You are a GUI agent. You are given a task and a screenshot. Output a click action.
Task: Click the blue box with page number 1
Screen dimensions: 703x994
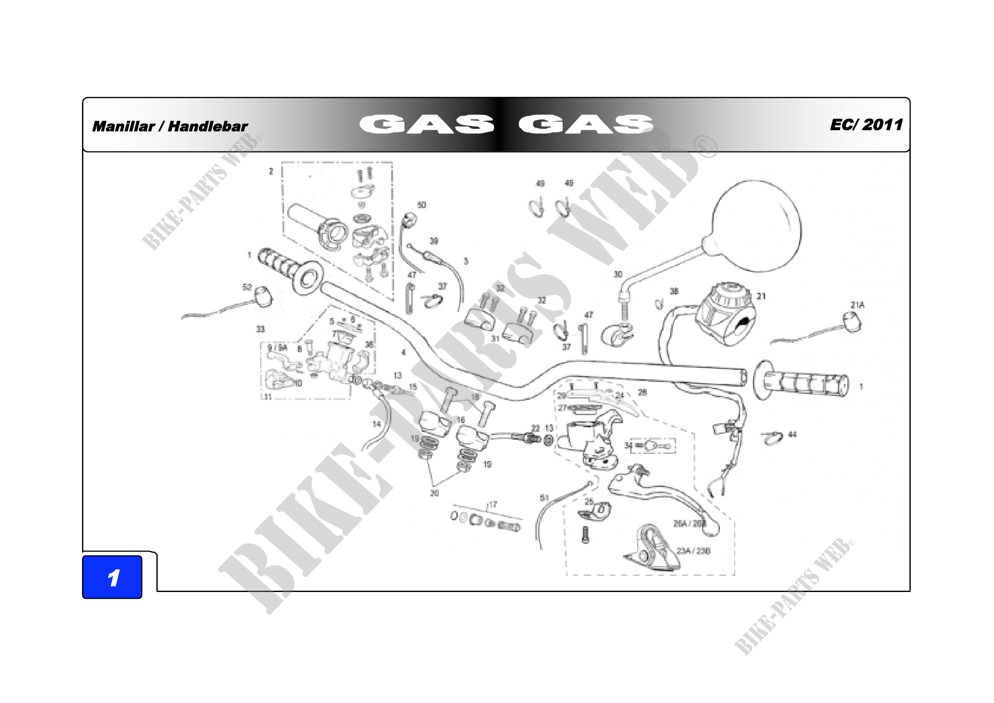click(x=112, y=577)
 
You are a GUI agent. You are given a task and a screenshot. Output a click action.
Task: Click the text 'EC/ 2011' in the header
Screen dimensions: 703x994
click(x=866, y=125)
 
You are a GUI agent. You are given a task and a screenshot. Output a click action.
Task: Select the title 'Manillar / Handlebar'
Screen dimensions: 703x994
click(x=170, y=126)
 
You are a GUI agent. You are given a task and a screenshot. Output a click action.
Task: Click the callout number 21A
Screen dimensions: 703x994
click(x=857, y=305)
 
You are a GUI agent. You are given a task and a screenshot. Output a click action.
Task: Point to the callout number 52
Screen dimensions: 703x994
click(x=247, y=287)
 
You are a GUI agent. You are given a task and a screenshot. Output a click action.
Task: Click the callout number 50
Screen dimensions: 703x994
click(x=421, y=205)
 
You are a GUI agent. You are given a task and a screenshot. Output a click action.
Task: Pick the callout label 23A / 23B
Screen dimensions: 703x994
click(x=694, y=551)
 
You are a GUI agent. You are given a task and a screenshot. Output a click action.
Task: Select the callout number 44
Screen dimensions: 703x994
click(x=792, y=435)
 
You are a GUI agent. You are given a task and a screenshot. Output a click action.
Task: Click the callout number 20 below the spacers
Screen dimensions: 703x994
click(x=434, y=493)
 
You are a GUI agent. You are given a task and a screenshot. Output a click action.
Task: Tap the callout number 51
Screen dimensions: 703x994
click(x=544, y=498)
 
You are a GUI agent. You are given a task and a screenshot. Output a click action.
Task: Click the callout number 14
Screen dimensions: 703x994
click(x=377, y=424)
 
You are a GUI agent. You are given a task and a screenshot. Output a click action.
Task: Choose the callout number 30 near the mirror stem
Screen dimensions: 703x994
click(x=618, y=274)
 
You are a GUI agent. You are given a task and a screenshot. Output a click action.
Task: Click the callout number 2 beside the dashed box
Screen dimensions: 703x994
click(x=271, y=171)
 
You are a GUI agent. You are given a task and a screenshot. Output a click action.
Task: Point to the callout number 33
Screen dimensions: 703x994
click(x=260, y=329)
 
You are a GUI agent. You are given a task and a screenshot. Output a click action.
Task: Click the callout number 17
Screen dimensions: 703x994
click(x=493, y=505)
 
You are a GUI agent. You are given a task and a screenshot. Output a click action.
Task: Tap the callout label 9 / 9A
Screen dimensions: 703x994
click(x=277, y=348)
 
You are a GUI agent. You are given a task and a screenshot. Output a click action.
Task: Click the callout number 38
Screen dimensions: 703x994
click(x=674, y=291)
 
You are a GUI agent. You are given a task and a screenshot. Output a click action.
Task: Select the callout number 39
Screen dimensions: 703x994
click(x=434, y=241)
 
